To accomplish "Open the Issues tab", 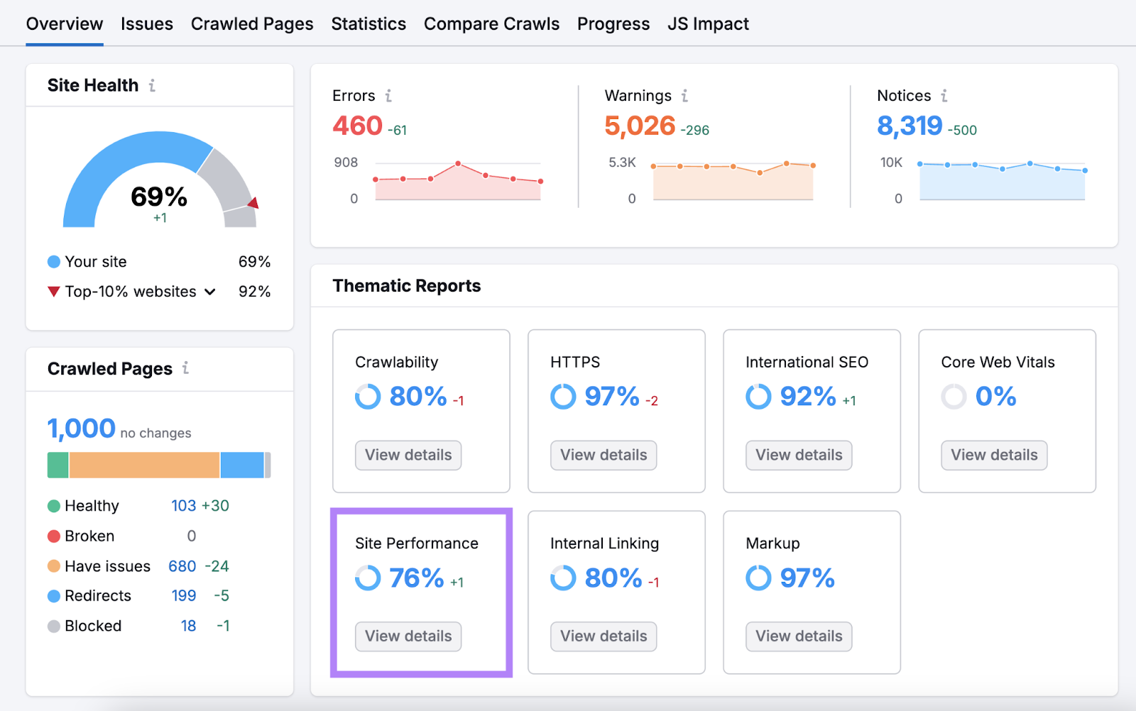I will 146,24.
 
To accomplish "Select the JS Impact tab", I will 708,24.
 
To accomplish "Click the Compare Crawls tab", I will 491,24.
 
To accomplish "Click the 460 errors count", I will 357,126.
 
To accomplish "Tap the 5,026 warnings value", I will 639,126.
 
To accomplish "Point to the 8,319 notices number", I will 909,126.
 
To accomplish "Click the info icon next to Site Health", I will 152,85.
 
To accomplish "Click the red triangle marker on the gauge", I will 253,204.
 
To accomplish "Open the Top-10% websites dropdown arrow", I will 210,292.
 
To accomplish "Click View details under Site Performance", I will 408,636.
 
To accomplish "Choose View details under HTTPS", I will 603,456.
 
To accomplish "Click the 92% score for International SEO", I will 807,397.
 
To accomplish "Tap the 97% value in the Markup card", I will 807,578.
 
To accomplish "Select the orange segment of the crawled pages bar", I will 144,465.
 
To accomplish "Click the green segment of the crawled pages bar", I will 58,465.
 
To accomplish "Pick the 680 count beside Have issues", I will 182,566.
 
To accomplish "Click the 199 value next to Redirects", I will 183,596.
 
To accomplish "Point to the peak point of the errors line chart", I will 458,164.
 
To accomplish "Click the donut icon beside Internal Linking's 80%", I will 563,578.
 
